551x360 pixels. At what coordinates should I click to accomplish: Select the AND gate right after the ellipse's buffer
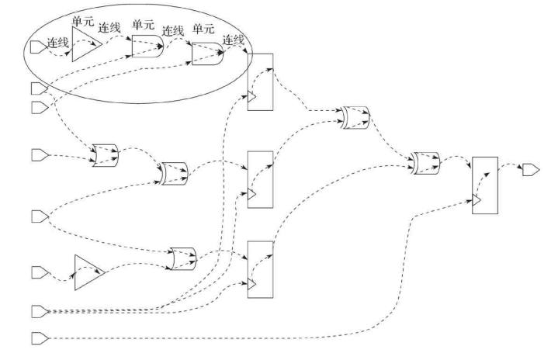pos(146,47)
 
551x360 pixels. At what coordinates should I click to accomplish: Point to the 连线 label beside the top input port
pos(58,43)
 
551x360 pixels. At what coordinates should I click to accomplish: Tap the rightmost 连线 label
pos(234,40)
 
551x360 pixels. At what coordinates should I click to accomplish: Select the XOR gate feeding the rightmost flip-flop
pos(426,162)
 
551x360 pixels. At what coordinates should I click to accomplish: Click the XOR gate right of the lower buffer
pos(183,257)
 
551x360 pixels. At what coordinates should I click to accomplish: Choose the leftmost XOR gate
pos(104,154)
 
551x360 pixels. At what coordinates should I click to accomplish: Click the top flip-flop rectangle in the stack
pos(260,82)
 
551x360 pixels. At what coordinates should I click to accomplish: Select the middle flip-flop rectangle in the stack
pos(260,179)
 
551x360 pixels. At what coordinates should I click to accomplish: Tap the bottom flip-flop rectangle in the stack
pos(260,268)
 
